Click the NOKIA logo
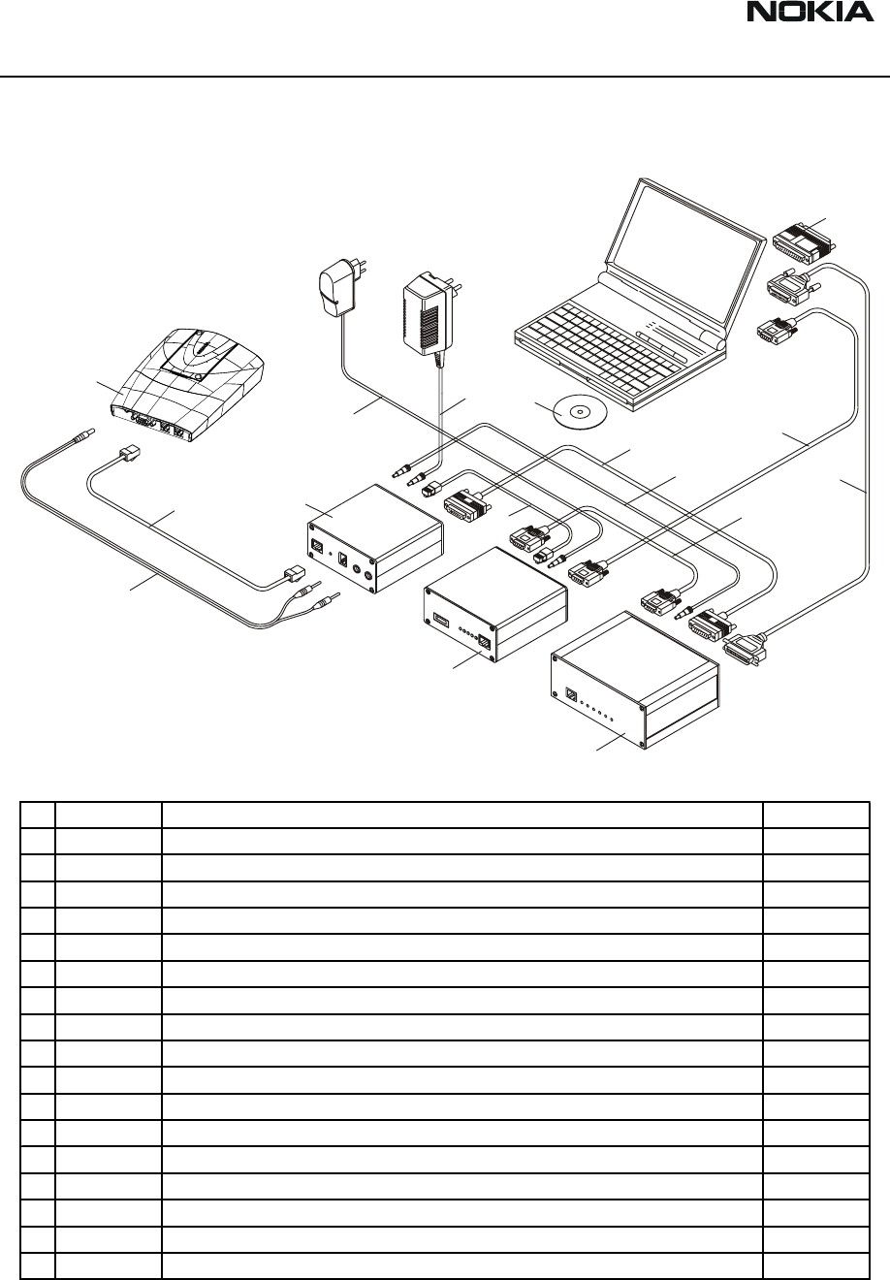820,13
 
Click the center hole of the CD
578,412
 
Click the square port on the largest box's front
571,693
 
